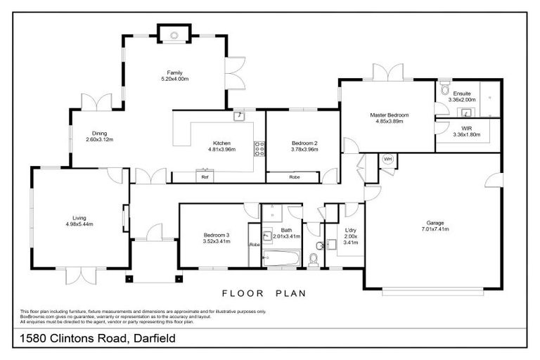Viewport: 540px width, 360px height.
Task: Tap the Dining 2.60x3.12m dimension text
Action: tap(98, 140)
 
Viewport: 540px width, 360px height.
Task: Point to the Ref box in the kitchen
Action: tap(205, 177)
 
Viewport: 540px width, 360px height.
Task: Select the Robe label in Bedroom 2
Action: tap(294, 177)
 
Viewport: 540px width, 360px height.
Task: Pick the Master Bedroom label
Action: tap(389, 117)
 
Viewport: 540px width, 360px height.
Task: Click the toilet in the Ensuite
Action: tap(444, 91)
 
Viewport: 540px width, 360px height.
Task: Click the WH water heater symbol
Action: tap(387, 160)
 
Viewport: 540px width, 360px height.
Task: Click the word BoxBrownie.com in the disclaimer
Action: tap(35, 316)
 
